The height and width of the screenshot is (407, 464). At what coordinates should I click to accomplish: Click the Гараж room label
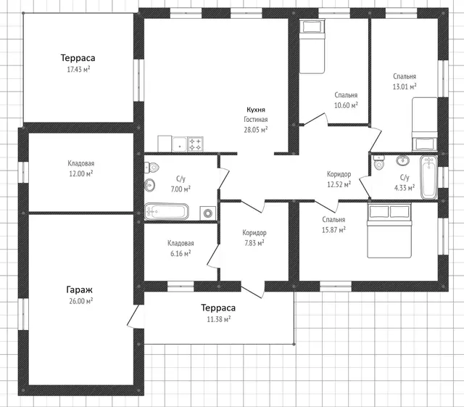(79, 289)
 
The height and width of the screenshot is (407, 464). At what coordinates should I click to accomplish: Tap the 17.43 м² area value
(78, 70)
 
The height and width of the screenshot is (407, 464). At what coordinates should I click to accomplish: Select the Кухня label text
(256, 110)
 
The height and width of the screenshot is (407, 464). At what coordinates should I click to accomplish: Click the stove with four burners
(196, 144)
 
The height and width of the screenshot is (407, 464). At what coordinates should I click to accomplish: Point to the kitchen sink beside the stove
(179, 144)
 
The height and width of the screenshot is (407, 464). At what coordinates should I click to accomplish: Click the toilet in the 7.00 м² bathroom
(152, 168)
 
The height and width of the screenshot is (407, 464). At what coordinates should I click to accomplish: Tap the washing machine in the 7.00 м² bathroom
(208, 213)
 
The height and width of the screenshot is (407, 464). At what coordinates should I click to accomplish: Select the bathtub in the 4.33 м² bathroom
(428, 177)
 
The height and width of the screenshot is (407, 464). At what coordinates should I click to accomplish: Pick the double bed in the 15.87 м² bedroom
(389, 231)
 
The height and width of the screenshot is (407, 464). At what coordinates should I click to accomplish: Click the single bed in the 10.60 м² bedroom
(312, 46)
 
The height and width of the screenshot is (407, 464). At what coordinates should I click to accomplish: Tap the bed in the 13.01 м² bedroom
(425, 124)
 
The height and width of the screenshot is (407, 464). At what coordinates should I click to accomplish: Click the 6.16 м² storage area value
(181, 254)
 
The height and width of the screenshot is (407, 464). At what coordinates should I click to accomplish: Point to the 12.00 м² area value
(80, 173)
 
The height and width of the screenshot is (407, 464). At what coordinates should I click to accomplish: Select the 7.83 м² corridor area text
(254, 243)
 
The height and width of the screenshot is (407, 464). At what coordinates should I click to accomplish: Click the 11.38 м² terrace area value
(219, 319)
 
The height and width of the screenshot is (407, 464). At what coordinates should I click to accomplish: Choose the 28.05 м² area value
(256, 130)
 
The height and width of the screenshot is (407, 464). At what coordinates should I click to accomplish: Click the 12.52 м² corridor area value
(339, 184)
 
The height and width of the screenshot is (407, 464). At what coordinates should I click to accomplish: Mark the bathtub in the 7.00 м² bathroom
(167, 212)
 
